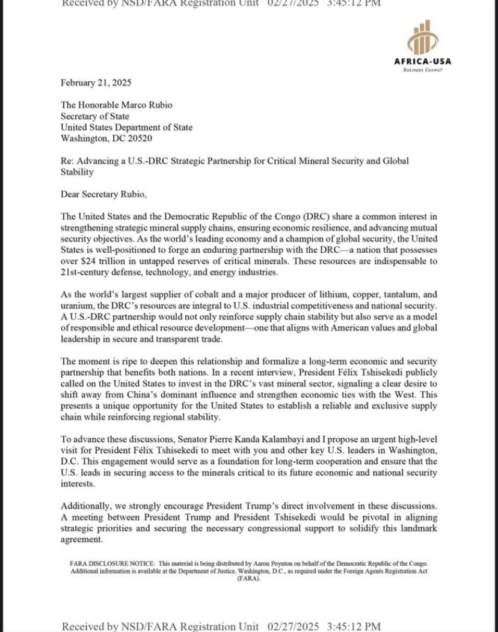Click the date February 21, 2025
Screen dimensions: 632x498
click(96, 82)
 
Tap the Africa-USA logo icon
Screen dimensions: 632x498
click(423, 38)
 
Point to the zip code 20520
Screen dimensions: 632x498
click(138, 138)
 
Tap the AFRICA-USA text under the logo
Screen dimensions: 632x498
click(423, 61)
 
